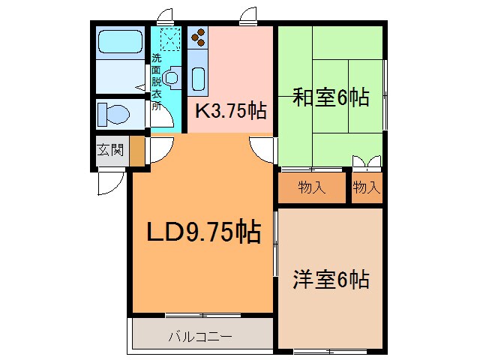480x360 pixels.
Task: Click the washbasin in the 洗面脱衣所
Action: click(172, 76)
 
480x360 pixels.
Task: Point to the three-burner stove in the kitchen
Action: click(200, 39)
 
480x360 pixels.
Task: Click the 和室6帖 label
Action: click(330, 97)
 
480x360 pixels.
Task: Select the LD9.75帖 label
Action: click(202, 232)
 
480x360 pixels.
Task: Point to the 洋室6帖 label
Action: click(330, 280)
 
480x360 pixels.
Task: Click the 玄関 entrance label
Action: click(110, 149)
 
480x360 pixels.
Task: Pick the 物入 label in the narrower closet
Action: click(367, 187)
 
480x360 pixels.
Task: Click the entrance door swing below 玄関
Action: click(110, 181)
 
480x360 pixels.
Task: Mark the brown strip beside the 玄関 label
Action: click(136, 151)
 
